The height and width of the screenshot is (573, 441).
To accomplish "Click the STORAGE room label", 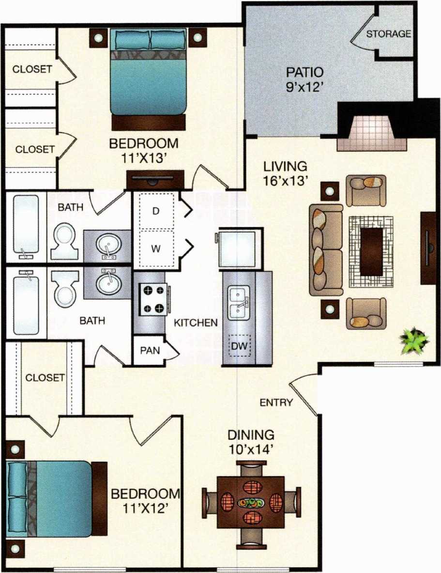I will click(x=389, y=34).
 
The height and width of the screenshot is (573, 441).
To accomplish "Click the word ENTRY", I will click(x=276, y=402).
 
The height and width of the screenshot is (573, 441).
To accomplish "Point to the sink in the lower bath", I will click(x=107, y=283).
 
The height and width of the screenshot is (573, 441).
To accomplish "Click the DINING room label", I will click(x=251, y=434).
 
